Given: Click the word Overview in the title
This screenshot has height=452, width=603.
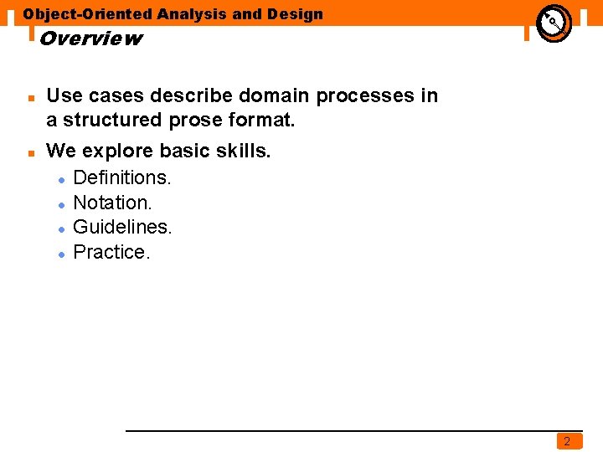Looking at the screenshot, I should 90,39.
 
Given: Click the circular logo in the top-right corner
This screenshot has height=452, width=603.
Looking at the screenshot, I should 554,23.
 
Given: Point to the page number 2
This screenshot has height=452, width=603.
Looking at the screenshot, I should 567,441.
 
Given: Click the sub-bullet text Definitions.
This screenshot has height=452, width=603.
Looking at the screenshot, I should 122,177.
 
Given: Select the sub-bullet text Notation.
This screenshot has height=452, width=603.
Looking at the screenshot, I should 113,203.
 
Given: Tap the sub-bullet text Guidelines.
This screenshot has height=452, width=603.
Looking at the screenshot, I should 122,227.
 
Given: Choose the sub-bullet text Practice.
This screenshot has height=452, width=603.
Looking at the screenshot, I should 112,252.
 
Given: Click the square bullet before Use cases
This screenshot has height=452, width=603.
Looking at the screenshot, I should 30,98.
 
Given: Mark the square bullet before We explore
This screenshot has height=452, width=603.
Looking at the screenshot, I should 30,154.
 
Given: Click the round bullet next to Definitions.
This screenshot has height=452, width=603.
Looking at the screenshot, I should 62,180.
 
